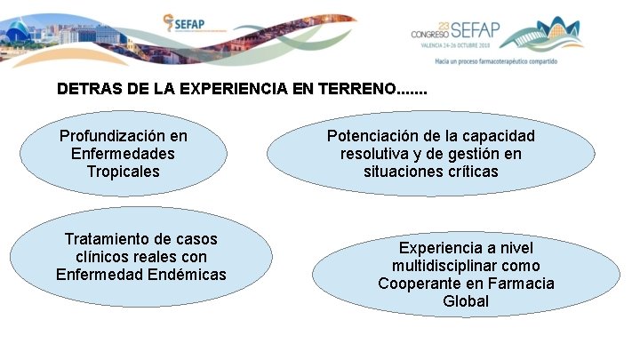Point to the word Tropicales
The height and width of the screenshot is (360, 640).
pos(124,171)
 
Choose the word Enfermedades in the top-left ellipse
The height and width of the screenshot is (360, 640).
pos(123,154)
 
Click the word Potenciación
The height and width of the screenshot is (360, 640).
pos(380,136)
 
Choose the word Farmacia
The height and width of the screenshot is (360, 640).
pos(522,284)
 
